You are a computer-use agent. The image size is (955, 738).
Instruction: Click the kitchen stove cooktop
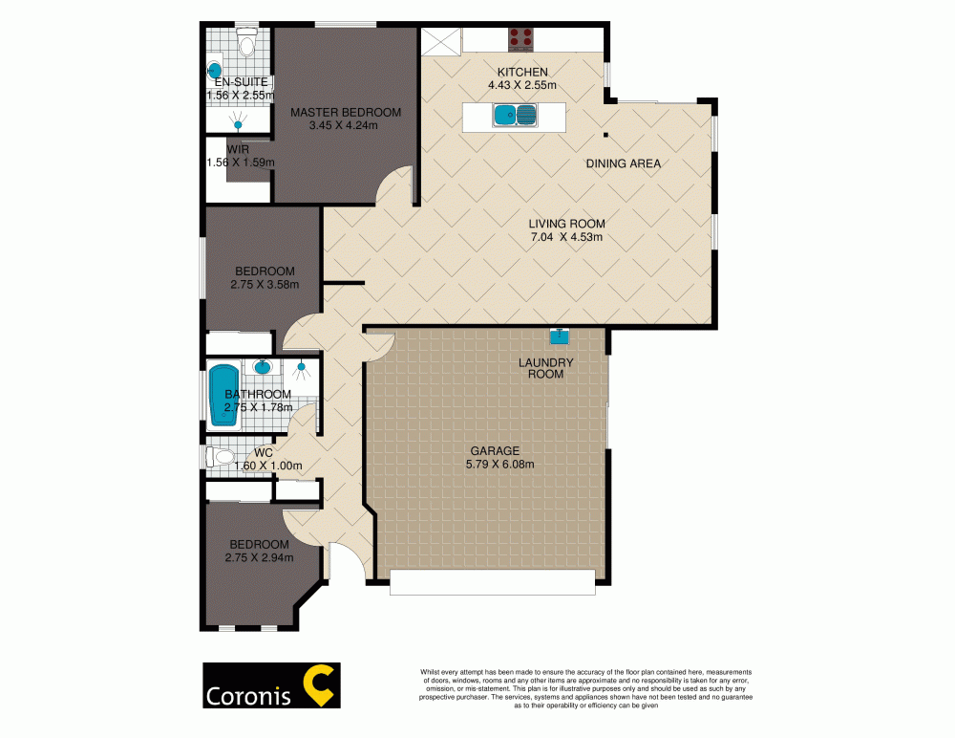point(521,37)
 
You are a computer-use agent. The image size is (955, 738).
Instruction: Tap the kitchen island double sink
point(516,117)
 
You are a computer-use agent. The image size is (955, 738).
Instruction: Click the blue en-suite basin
point(216,70)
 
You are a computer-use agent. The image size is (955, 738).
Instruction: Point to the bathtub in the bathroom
point(225,392)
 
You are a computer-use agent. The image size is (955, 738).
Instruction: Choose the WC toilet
point(223,457)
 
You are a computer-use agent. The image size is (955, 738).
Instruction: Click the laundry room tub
point(559,336)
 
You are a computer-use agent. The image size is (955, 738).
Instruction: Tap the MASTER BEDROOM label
point(346,112)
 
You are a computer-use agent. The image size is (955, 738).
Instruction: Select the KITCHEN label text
point(522,73)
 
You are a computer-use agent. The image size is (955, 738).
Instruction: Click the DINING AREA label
point(624,163)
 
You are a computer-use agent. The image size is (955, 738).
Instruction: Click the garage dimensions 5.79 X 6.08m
point(494,465)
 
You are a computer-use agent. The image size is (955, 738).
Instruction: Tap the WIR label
point(238,150)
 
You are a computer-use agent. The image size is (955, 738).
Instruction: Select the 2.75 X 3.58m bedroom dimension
point(265,284)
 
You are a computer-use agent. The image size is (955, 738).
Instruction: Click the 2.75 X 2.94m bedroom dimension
point(259,557)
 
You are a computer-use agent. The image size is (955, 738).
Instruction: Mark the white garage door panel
point(493,581)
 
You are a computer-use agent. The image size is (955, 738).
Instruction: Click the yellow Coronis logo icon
point(316,685)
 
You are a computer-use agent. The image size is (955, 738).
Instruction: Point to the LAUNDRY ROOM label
point(545,368)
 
